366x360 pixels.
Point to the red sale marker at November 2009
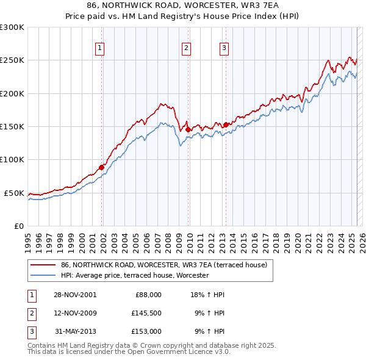188,129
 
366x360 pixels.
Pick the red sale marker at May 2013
226,124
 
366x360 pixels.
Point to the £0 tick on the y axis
18,226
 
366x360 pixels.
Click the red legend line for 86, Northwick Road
43,265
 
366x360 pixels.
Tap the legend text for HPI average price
135,275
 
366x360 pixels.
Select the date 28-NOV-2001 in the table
75,295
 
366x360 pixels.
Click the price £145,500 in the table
146,313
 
